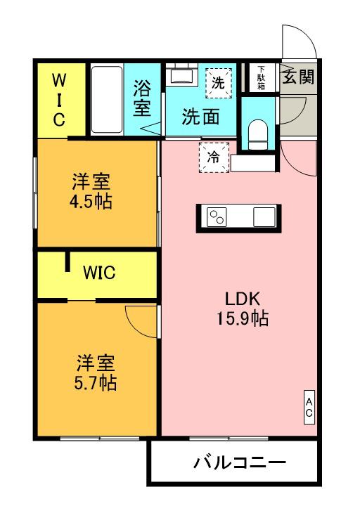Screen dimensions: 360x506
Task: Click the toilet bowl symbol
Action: click(258, 134)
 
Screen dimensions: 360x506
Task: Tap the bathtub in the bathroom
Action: click(107, 100)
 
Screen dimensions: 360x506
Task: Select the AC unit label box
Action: click(309, 407)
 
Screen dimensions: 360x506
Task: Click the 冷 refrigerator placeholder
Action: click(214, 157)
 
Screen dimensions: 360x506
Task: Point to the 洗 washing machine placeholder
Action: click(219, 83)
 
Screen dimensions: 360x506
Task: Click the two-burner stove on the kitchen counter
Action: click(217, 217)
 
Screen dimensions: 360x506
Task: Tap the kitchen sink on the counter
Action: click(264, 217)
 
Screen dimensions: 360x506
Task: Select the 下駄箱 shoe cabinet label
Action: click(261, 77)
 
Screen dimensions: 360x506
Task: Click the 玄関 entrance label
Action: click(298, 77)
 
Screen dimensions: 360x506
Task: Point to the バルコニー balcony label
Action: click(240, 462)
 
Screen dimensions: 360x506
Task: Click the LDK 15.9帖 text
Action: click(243, 309)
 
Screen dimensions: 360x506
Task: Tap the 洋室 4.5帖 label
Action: click(91, 191)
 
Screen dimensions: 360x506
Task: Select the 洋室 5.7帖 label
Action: click(96, 372)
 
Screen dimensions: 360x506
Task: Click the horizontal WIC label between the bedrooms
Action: click(99, 273)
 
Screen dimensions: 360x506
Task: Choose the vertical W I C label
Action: click(59, 100)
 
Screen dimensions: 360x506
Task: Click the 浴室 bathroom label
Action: click(142, 98)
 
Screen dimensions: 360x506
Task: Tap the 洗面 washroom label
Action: click(201, 117)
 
